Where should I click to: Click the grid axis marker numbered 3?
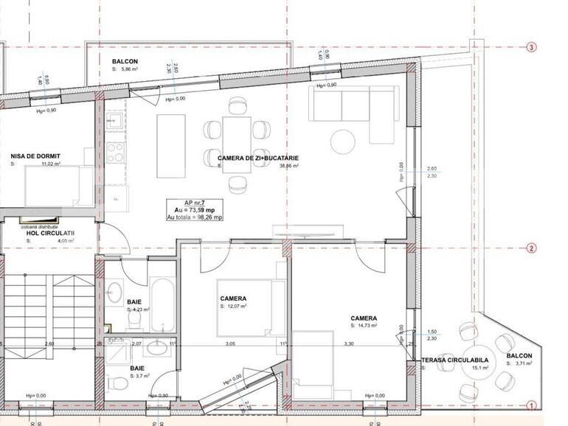[531, 47]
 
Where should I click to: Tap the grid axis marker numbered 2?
[531, 248]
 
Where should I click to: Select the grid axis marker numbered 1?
[531, 405]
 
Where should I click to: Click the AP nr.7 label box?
[195, 210]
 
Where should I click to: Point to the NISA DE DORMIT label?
[35, 156]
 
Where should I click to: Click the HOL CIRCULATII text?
[51, 233]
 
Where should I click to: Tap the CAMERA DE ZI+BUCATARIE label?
[258, 158]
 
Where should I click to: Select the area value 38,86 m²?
[288, 167]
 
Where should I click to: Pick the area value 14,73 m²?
[364, 325]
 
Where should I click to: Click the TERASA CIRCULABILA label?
[454, 361]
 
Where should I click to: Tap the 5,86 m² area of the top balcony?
[125, 69]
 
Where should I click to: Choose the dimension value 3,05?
[230, 343]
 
